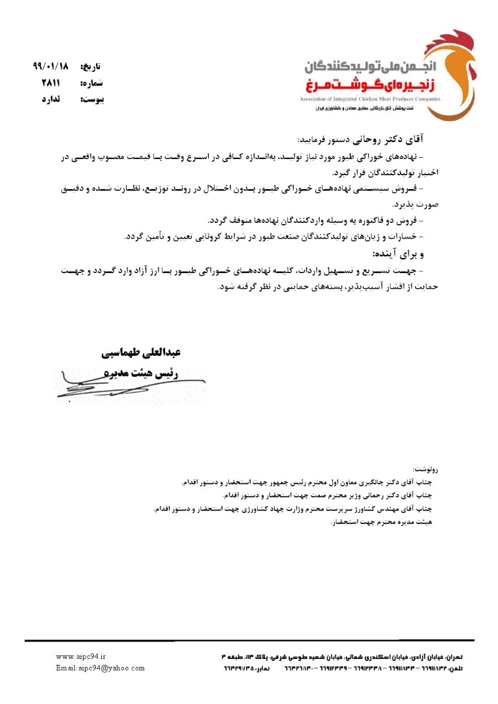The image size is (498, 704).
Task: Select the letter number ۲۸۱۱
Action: coord(50,83)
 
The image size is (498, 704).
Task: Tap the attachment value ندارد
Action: coord(50,100)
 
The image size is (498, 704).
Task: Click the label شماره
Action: coord(91,83)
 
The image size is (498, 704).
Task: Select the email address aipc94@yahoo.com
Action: coord(101,668)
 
